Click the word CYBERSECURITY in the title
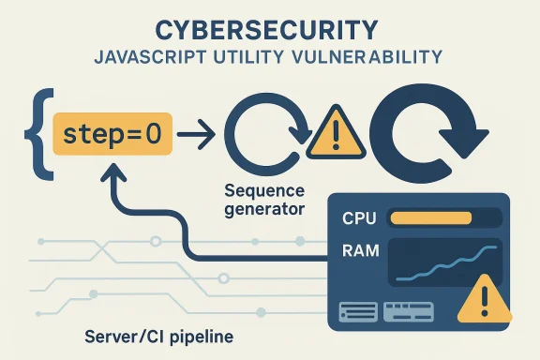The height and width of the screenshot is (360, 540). tap(269, 28)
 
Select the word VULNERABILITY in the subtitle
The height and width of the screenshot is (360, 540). tap(374, 58)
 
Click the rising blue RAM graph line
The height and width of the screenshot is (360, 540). tap(441, 266)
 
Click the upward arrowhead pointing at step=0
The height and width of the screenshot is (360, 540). tap(116, 176)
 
